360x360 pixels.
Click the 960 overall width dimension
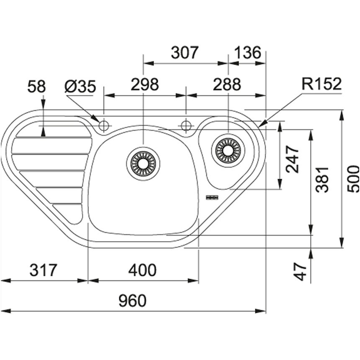click(x=132, y=301)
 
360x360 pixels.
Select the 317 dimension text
click(x=43, y=270)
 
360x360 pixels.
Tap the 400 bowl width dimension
click(x=142, y=270)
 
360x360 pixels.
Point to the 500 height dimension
click(x=353, y=179)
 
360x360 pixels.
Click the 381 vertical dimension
click(x=322, y=180)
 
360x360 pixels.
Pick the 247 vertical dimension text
click(x=292, y=159)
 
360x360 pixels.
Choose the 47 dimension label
click(x=301, y=272)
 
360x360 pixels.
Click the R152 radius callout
click(x=321, y=84)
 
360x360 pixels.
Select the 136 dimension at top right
click(x=247, y=53)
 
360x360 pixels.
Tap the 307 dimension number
click(x=184, y=53)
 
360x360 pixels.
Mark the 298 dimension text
click(x=145, y=84)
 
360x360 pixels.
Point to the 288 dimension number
click(x=227, y=84)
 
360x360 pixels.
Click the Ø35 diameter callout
click(x=80, y=87)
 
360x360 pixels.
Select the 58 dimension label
click(x=37, y=87)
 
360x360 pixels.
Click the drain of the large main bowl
click(x=143, y=164)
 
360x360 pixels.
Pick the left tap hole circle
click(x=103, y=126)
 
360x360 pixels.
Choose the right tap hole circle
click(x=186, y=126)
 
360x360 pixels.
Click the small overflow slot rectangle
click(x=212, y=198)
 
